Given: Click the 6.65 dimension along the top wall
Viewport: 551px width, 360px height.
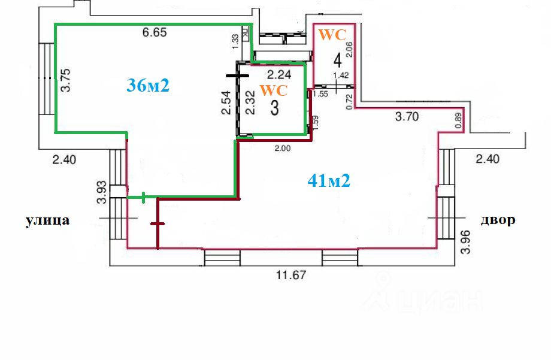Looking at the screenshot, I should click(x=155, y=33).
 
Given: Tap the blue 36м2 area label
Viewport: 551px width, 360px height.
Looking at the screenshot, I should click(x=149, y=85).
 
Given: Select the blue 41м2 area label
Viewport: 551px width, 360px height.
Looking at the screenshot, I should click(x=328, y=179).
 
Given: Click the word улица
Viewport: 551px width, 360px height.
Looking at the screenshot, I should click(x=47, y=220).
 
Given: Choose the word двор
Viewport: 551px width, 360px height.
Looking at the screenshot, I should click(x=498, y=220).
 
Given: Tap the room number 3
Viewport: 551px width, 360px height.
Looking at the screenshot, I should click(x=275, y=108).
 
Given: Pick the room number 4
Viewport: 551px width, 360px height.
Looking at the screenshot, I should click(x=338, y=60).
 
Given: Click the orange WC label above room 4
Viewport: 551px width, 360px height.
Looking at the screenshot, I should click(x=332, y=35).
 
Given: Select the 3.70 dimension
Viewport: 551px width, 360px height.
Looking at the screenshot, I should click(x=407, y=117).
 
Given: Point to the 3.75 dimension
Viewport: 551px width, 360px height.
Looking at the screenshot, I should click(x=66, y=79).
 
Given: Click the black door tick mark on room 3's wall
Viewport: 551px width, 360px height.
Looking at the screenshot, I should click(x=237, y=76).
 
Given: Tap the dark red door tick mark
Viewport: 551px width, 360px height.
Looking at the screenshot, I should click(x=157, y=224).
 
